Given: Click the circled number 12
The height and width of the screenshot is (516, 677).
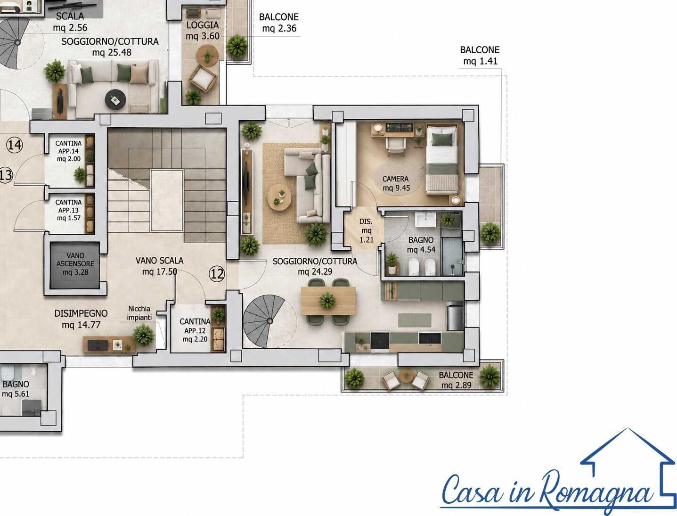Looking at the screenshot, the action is coord(217,274).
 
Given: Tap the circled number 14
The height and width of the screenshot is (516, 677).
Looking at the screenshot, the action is coord(15,145).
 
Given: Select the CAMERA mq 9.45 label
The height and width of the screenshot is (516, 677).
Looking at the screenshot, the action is coord(396,183).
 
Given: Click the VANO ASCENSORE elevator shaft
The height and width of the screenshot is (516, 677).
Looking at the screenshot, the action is coord(75,265).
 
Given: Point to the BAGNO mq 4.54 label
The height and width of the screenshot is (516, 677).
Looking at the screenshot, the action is coord(421,245).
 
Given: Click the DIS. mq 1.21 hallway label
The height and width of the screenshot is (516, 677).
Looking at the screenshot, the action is coord(367,230).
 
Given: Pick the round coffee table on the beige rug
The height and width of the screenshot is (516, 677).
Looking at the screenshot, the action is coord(279,197).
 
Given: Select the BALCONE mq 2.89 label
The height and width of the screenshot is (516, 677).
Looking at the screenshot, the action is coord(456,380).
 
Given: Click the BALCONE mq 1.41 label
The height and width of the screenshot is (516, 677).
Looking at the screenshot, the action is coord(480,56).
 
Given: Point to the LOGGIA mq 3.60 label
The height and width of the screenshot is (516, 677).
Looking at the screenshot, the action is coord(203,31).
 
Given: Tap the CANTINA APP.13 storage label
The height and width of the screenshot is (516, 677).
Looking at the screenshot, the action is coord(68,210).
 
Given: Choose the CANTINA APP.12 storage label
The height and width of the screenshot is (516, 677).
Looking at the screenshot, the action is coord(195,330).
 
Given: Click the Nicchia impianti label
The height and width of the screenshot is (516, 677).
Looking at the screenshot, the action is coord(139,313).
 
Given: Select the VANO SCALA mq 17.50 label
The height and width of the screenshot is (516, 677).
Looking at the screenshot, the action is coord(159,266).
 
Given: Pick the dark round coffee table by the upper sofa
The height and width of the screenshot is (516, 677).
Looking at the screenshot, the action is coord(115,99).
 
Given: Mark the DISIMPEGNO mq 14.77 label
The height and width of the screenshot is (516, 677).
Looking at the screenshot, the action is coord(81,319).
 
